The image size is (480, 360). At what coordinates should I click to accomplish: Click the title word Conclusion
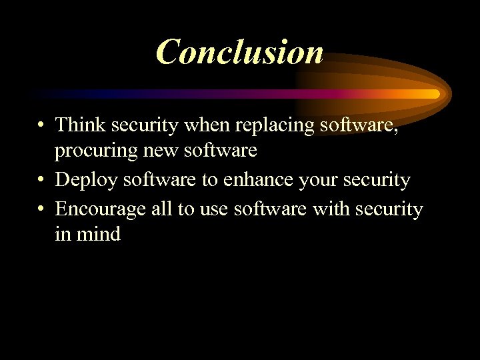point(240,52)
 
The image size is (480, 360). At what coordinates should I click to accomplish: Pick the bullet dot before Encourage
point(41,209)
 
